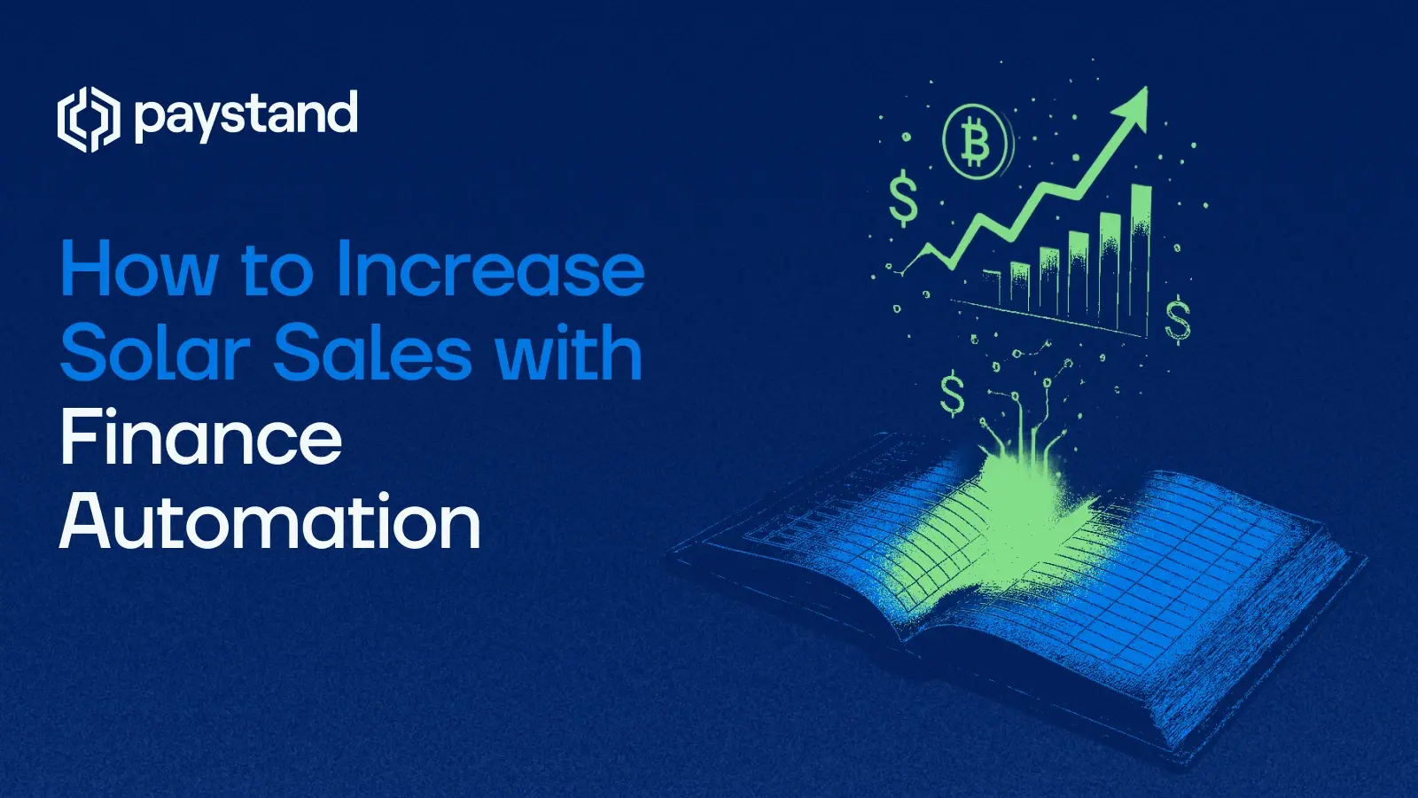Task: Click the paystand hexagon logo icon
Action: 88,120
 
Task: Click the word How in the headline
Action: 138,270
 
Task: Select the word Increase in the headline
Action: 490,270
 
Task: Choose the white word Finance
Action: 201,437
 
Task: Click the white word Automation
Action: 270,521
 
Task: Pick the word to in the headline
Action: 276,271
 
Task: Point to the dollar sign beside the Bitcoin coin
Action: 903,199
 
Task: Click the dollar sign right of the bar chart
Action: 1178,320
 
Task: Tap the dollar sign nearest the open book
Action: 953,395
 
